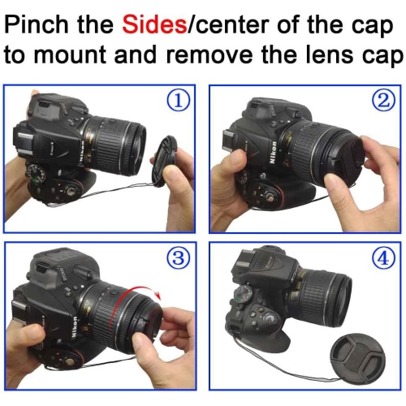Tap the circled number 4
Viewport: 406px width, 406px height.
(x=383, y=258)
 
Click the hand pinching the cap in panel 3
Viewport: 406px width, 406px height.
(x=175, y=337)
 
